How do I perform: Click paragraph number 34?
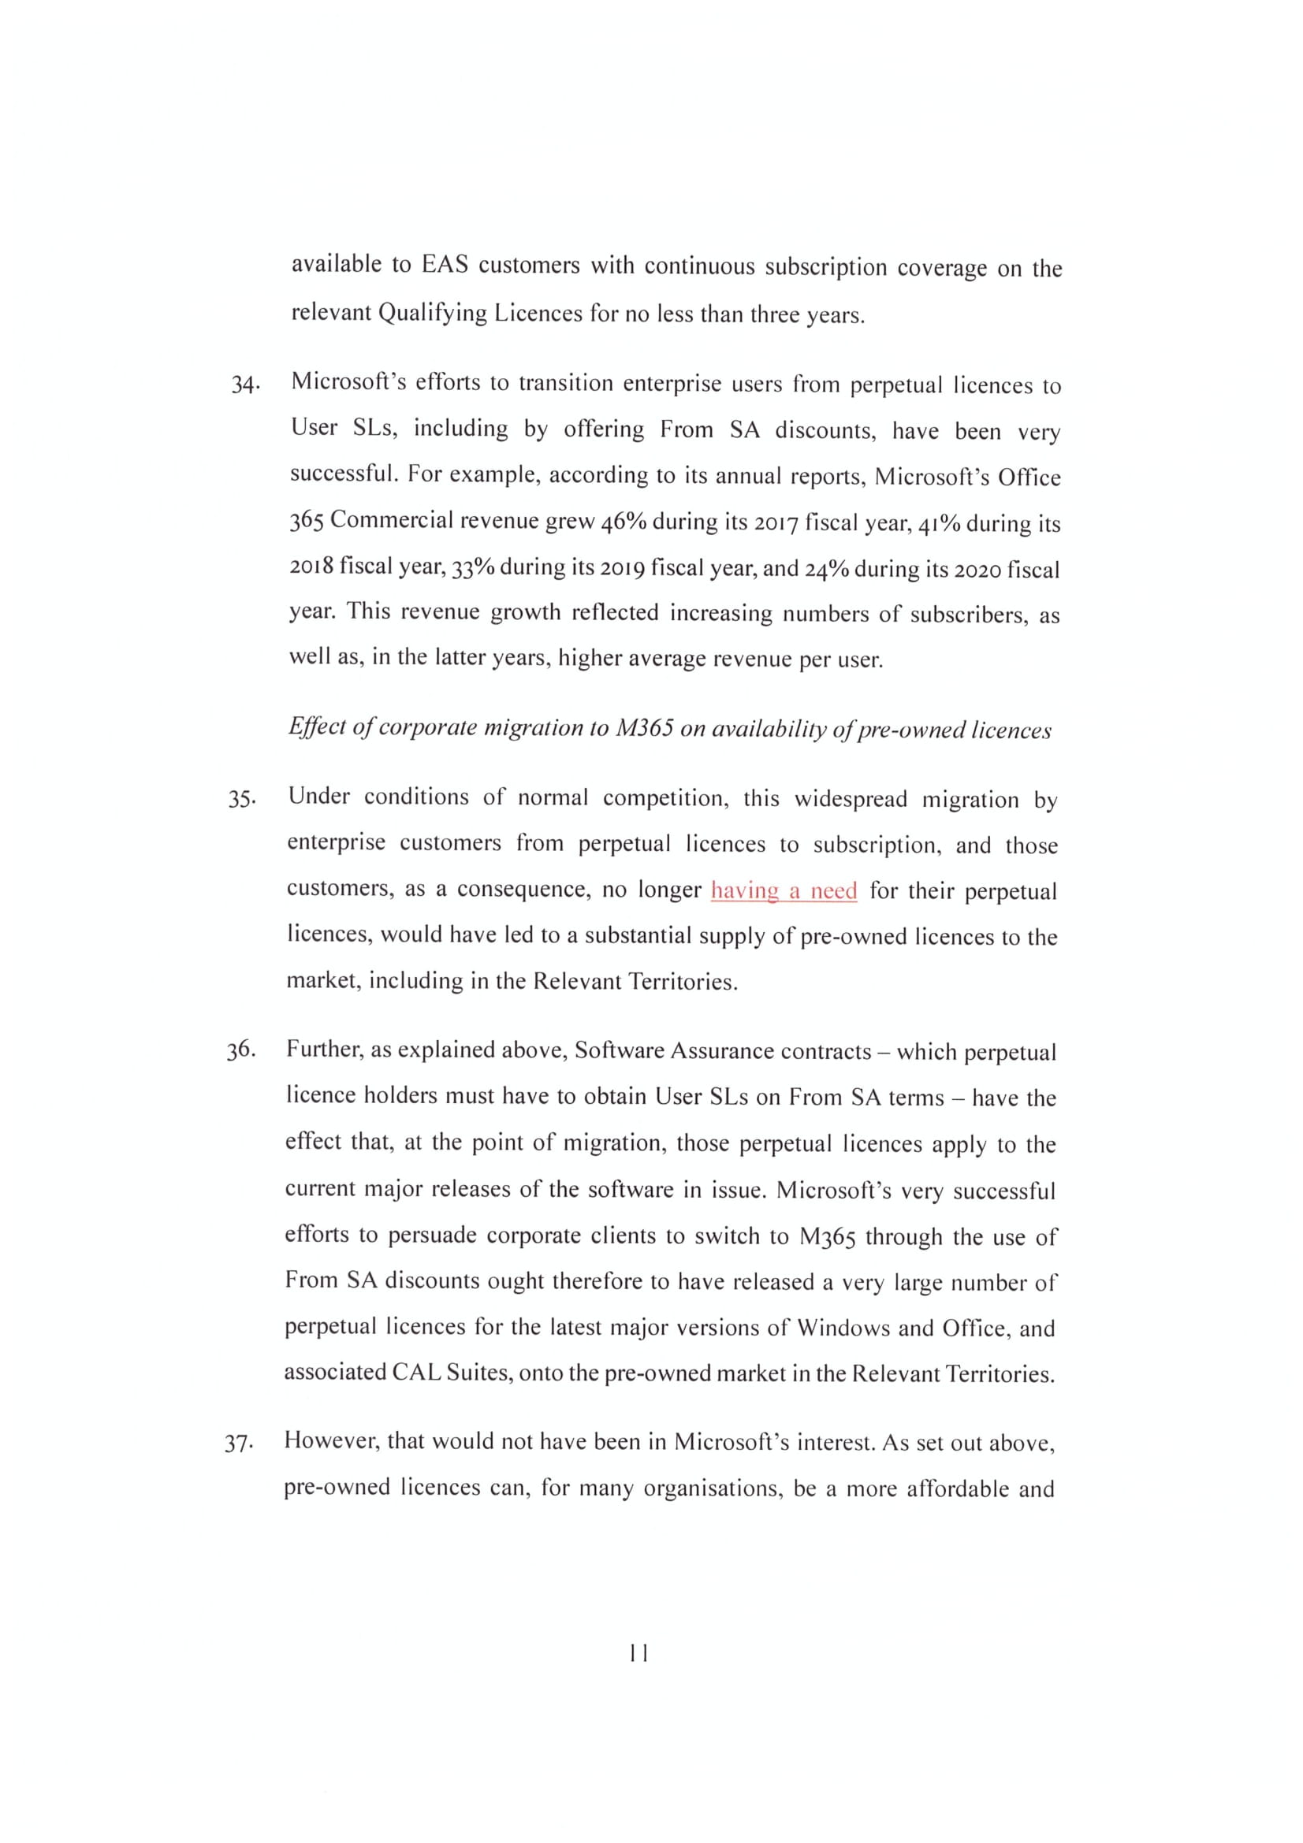click(244, 385)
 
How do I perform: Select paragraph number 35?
click(242, 800)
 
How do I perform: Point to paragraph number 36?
click(240, 1051)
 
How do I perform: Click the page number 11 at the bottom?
click(639, 1654)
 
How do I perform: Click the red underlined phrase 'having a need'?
click(784, 891)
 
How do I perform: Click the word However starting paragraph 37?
click(330, 1442)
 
